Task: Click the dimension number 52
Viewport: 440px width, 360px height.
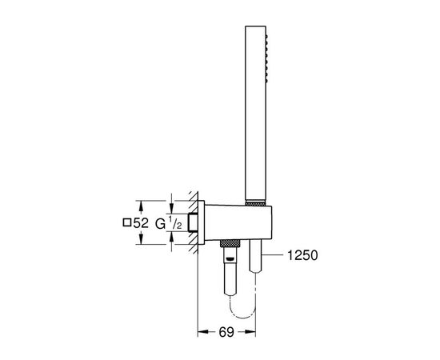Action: coord(141,223)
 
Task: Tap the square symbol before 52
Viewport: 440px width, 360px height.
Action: coord(127,222)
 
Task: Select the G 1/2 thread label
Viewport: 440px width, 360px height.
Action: coord(169,223)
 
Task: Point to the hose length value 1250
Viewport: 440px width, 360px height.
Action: coord(302,255)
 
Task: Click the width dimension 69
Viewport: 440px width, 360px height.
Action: coord(226,332)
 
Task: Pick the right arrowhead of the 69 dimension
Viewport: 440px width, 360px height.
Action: coord(250,332)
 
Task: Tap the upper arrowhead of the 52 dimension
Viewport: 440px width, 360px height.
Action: coord(141,206)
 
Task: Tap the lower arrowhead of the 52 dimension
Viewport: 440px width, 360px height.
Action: coord(141,239)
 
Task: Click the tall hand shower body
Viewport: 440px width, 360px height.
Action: coord(255,114)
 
